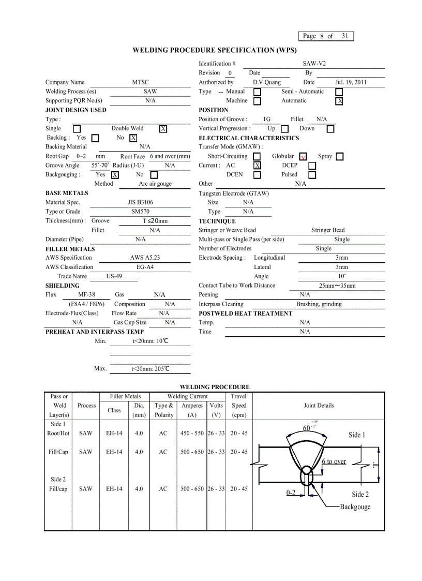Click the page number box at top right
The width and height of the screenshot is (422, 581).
coord(326,36)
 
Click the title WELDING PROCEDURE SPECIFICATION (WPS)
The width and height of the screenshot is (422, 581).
coord(215,50)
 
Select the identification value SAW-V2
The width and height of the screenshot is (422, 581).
coord(314,64)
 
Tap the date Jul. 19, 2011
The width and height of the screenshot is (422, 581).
coord(351,82)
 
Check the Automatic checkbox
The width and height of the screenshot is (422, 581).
coord(339,101)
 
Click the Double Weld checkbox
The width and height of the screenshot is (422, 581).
coord(163,129)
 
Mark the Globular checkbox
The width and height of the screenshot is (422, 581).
coord(303,157)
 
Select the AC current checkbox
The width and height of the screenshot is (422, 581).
coord(257,166)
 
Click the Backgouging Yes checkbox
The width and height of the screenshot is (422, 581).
coord(115,175)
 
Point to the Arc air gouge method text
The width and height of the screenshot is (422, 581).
coord(155,184)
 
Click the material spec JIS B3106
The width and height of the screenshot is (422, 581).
coord(140,202)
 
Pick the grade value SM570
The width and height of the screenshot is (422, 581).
coord(141,212)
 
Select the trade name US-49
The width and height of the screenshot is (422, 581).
coord(114,276)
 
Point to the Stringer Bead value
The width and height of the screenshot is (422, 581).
coord(327,230)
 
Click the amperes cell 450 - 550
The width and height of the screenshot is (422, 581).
coord(192,434)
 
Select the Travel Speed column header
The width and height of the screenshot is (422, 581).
coord(238,406)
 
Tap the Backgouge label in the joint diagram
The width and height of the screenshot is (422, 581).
coord(355,507)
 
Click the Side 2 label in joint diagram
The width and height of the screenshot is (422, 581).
coord(360,495)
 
